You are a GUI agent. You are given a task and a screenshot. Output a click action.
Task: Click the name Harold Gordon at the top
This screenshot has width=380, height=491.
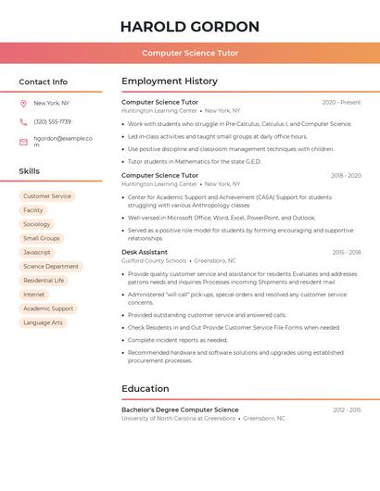190,27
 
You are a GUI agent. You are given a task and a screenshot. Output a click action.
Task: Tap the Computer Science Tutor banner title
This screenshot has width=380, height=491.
190,53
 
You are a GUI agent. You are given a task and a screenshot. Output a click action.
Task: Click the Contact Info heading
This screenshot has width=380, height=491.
44,82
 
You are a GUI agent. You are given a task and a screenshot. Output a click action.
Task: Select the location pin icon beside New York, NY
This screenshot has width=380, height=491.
23,104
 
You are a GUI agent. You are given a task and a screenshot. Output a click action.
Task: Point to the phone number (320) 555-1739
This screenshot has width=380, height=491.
52,121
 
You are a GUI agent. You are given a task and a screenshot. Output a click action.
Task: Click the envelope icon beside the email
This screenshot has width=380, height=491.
23,142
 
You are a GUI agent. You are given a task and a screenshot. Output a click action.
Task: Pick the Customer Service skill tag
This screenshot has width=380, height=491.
47,196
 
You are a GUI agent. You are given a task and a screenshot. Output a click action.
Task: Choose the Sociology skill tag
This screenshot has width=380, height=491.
37,224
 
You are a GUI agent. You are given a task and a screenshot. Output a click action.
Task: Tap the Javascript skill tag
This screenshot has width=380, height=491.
37,252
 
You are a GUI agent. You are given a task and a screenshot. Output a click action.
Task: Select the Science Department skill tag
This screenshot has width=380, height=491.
51,267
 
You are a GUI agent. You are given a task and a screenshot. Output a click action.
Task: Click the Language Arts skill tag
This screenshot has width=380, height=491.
44,322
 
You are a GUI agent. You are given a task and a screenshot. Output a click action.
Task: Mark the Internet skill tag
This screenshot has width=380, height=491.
34,295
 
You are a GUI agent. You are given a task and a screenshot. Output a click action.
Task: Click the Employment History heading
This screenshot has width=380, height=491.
170,82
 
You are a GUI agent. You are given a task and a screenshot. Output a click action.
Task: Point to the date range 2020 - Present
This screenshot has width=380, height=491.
341,102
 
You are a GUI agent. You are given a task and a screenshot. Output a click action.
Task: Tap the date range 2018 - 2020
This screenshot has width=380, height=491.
346,175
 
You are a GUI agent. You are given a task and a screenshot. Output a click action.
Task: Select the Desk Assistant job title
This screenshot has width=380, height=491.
145,252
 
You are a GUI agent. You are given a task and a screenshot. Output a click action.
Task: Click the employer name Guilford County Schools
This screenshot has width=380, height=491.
154,261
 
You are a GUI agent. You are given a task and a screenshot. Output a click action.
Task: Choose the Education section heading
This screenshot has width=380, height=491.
146,388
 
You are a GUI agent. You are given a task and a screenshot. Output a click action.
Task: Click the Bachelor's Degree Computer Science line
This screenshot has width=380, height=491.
180,409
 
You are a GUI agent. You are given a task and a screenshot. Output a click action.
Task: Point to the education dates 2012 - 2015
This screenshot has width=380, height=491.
347,409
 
